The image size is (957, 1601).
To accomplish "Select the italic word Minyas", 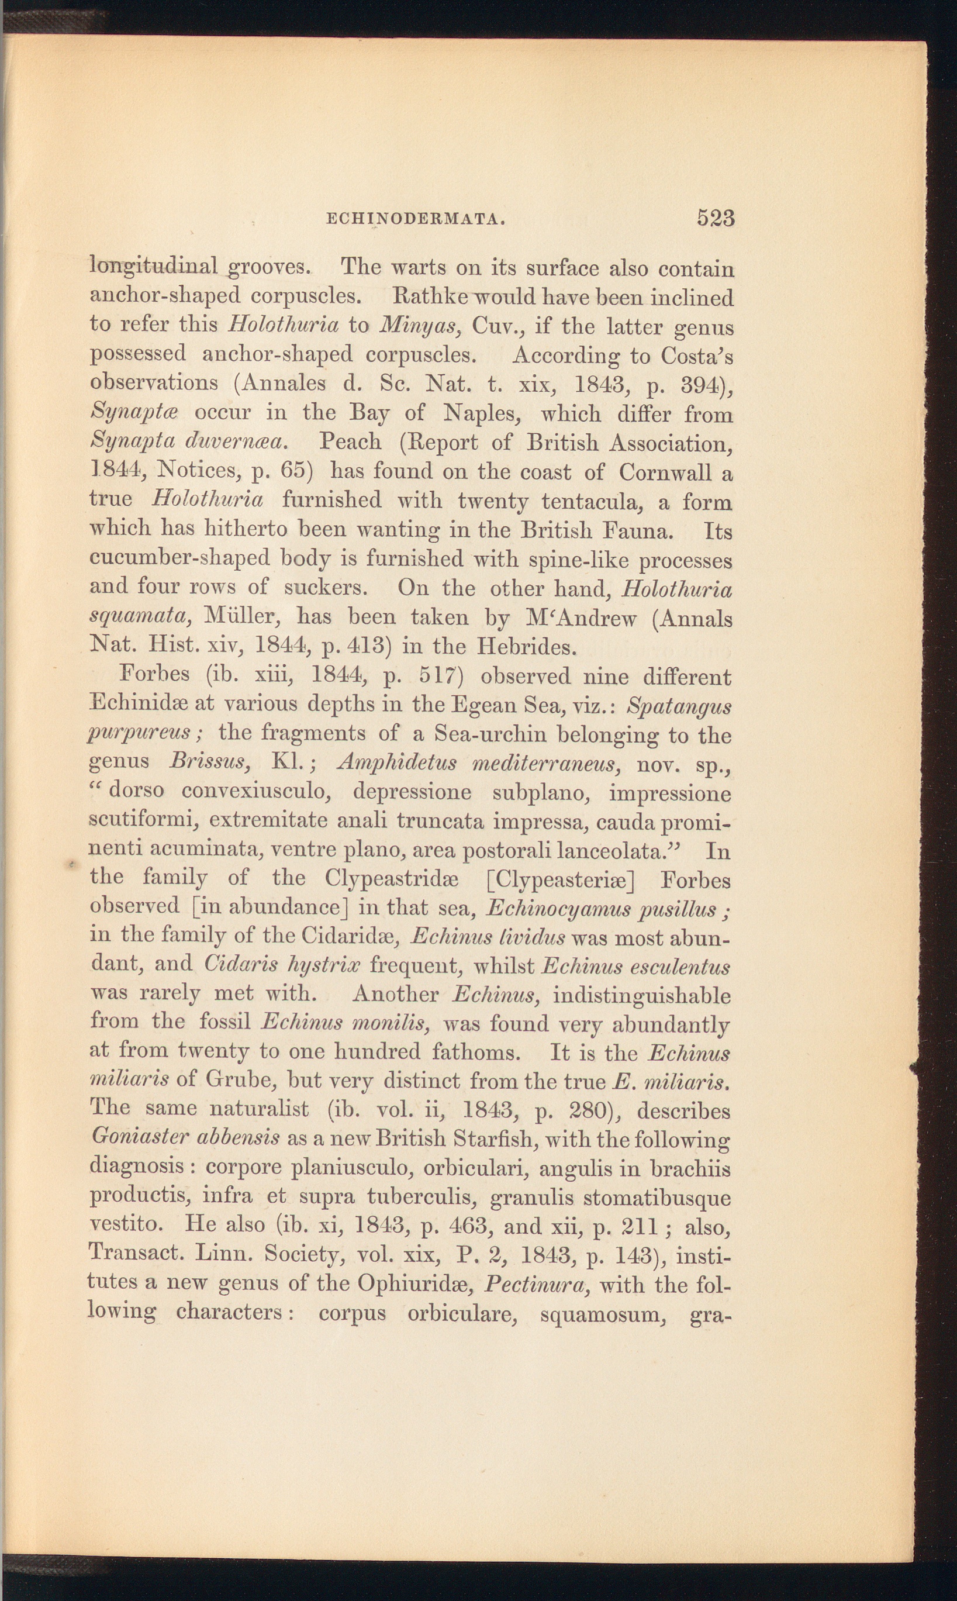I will tap(423, 326).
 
